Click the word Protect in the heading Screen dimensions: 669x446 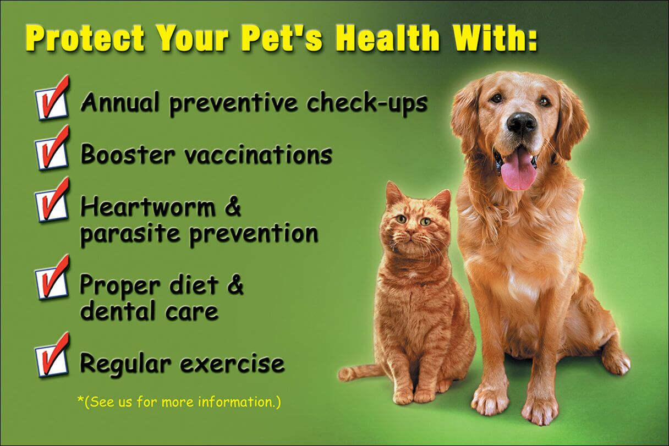tap(86, 38)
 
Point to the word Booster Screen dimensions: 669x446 tap(128, 155)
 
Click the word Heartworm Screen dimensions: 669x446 tap(148, 207)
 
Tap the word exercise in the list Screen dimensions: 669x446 tap(233, 364)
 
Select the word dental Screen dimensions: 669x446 tap(117, 311)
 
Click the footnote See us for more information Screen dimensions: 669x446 tap(179, 402)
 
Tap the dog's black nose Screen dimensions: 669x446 tap(522, 123)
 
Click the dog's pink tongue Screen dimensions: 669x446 tap(519, 175)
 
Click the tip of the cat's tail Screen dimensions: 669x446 tap(341, 375)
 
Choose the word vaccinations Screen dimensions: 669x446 tap(259, 155)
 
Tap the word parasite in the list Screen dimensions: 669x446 tap(130, 234)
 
